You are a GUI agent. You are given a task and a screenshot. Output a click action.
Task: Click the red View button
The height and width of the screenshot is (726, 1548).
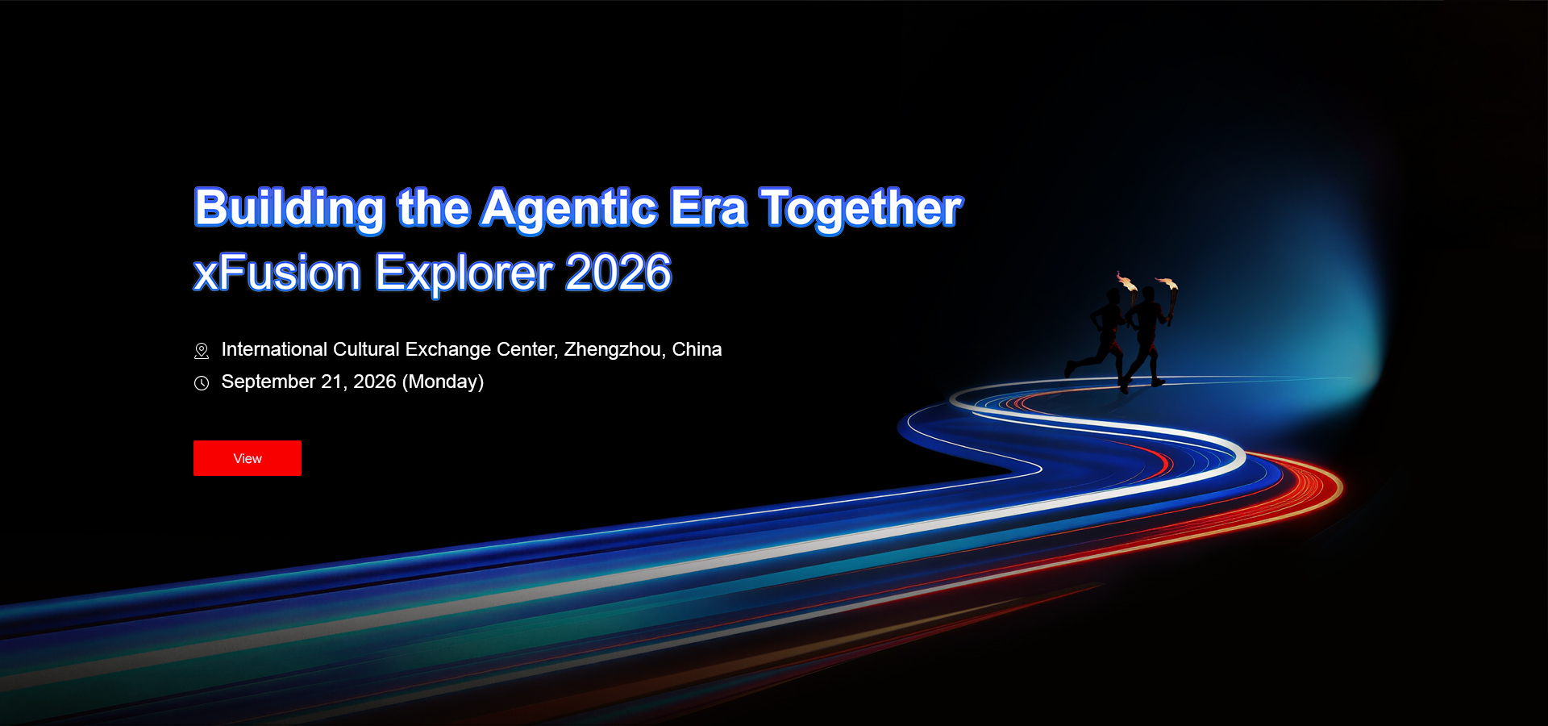(x=248, y=458)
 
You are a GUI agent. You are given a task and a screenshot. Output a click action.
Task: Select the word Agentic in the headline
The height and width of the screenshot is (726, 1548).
(x=570, y=209)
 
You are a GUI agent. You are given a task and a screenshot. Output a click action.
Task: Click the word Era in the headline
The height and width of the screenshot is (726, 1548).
(x=709, y=208)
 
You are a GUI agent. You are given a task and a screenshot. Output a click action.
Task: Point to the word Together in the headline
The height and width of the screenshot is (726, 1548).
(x=861, y=209)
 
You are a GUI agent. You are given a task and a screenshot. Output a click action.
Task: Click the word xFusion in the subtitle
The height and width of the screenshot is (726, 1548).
(x=277, y=273)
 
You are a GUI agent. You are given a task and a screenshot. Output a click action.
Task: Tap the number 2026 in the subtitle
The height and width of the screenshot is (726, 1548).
(x=618, y=273)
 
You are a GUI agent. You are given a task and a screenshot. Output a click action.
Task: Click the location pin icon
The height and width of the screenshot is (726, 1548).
(x=202, y=351)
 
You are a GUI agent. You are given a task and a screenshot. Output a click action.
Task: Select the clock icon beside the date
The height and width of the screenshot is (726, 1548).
(x=202, y=383)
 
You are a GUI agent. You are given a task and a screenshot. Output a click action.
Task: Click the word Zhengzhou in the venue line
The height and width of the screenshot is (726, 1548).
(x=614, y=349)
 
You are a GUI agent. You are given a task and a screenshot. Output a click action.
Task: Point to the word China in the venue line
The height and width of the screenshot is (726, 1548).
(x=697, y=349)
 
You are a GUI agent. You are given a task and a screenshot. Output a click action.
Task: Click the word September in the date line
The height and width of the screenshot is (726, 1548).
(x=268, y=382)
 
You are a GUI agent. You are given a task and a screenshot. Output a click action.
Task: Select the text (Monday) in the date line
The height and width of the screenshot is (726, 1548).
(x=443, y=382)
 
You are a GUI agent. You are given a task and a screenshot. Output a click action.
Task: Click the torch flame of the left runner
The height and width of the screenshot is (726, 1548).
(x=1126, y=282)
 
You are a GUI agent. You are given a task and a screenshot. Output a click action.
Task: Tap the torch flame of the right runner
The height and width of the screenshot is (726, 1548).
(x=1167, y=283)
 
